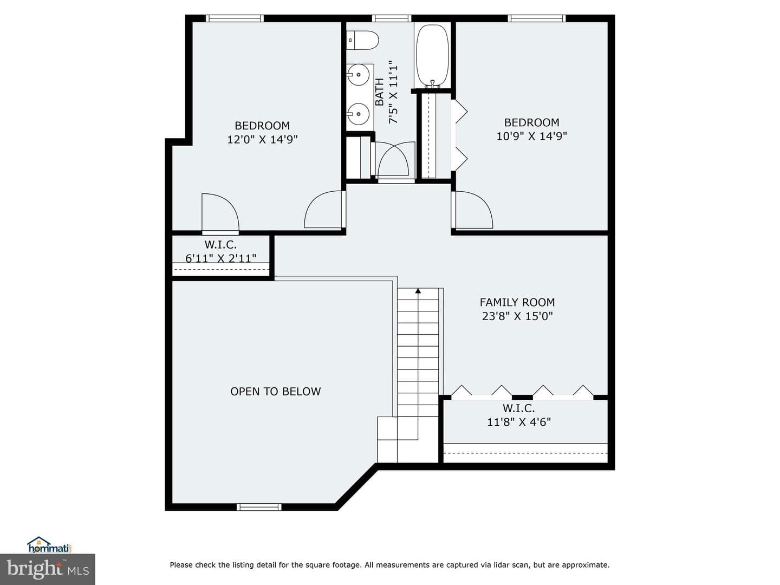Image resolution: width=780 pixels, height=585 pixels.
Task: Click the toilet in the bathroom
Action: pos(362,40)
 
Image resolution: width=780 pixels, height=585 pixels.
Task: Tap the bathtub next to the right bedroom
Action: pos(432,56)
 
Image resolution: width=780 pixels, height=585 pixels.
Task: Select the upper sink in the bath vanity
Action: pos(358,75)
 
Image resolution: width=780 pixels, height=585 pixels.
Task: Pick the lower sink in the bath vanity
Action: pos(358,114)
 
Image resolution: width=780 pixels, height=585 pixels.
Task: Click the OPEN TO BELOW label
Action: pos(275,392)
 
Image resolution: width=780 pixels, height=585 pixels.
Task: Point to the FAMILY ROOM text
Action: pos(517,302)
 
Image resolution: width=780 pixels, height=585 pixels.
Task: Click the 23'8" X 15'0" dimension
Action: pos(517,316)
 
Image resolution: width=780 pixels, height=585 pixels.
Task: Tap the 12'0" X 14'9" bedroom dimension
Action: pos(262,139)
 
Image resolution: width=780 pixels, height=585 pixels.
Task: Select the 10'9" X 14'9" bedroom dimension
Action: pos(531,136)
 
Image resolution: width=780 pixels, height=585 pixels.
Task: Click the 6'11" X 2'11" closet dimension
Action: pos(220,258)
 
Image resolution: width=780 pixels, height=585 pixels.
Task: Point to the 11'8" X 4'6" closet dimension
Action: pos(519,422)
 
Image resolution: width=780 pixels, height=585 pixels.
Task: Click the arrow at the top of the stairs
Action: pos(418,291)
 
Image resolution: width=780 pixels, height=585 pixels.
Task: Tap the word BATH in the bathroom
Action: pos(380,92)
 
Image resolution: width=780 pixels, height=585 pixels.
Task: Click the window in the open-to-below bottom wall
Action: pos(259,507)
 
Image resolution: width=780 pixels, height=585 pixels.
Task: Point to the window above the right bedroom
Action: pos(537,18)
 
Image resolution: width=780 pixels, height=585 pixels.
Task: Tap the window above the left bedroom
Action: pos(235,18)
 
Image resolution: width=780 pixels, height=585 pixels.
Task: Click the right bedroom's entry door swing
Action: pos(472,210)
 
